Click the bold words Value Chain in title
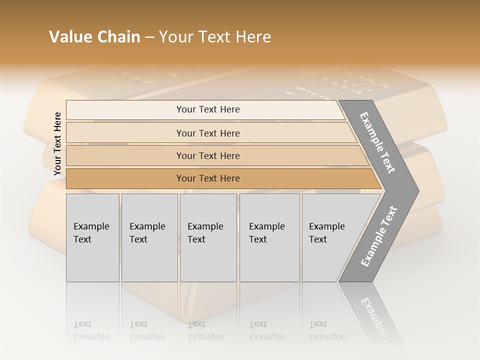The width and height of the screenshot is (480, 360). pyautogui.click(x=94, y=37)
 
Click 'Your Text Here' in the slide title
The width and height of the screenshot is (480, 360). pyautogui.click(x=215, y=37)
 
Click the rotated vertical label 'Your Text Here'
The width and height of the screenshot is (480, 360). pyautogui.click(x=57, y=143)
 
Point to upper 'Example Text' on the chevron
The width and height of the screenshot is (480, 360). pyautogui.click(x=377, y=143)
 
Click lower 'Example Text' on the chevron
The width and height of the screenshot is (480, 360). pyautogui.click(x=378, y=236)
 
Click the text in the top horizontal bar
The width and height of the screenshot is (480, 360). pyautogui.click(x=208, y=109)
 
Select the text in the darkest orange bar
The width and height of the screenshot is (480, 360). pyautogui.click(x=208, y=178)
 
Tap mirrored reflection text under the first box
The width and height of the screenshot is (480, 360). pyautogui.click(x=91, y=330)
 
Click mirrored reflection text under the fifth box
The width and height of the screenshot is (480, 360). pyautogui.click(x=327, y=330)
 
